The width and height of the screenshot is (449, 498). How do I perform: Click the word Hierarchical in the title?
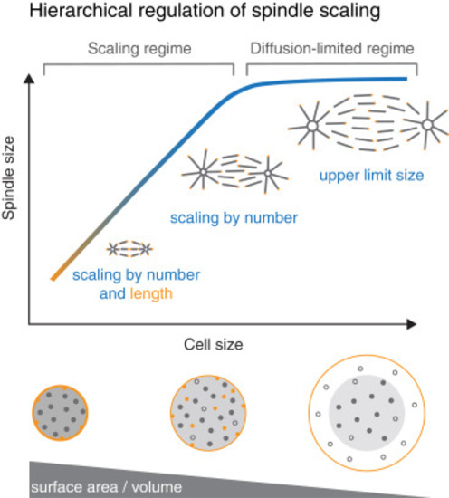81,11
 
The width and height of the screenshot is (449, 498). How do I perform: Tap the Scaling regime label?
139,49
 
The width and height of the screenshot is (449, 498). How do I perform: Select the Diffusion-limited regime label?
332,49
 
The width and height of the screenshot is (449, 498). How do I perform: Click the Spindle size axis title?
8,177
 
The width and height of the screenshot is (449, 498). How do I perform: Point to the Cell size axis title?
214,345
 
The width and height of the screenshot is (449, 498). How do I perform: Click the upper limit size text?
371,176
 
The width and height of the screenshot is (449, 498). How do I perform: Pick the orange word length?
151,294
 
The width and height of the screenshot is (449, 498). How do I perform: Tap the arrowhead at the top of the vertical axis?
29,79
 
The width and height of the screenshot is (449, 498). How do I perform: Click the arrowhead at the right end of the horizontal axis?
411,324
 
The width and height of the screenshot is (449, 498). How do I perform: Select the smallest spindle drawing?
129,249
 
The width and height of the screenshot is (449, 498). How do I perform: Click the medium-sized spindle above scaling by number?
235,173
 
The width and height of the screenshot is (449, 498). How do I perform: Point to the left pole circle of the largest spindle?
312,126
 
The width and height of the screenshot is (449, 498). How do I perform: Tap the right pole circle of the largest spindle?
427,125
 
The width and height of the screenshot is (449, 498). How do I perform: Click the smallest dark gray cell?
60,413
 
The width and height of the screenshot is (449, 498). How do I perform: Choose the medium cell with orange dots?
208,413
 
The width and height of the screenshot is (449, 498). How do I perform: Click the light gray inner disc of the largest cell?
367,413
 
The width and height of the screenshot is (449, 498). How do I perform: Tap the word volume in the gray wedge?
157,487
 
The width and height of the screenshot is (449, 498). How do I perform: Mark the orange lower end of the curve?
54,278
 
